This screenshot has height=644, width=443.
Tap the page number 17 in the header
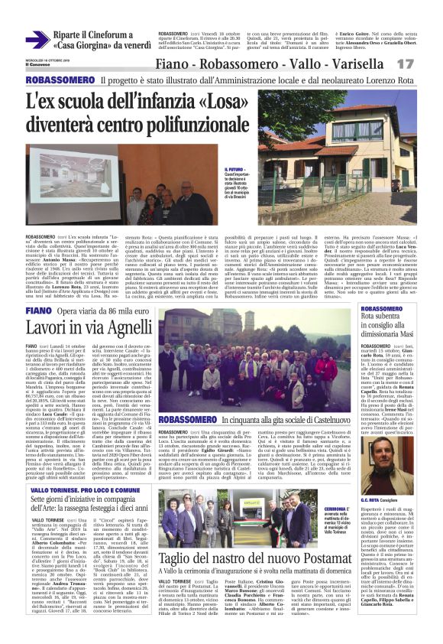pyautogui.click(x=426, y=66)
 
